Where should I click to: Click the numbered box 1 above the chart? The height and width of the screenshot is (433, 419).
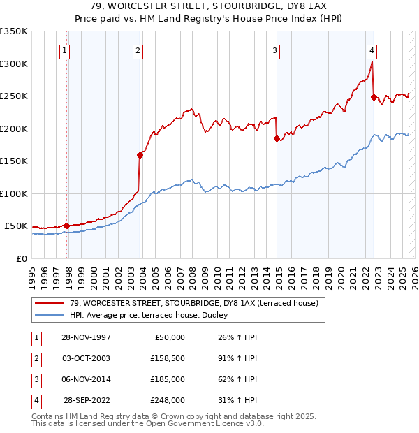point(64,50)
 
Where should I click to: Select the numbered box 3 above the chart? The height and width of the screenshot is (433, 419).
point(275,50)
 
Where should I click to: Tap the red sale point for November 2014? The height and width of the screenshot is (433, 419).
point(277,138)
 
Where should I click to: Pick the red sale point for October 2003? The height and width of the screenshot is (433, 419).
point(140,156)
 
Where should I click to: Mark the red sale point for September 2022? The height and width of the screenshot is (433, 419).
point(374,97)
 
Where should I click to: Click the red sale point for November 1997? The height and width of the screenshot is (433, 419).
point(67,226)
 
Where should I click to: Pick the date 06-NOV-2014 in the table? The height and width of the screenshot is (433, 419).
point(86,379)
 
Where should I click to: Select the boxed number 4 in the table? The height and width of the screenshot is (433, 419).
point(35,400)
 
